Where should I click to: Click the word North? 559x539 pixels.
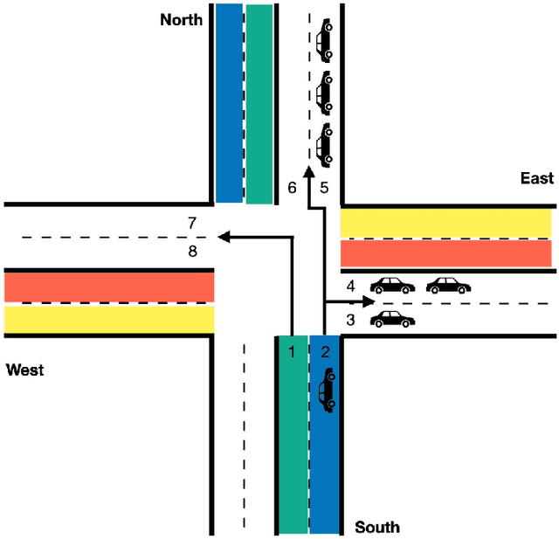181,18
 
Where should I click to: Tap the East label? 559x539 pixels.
536,178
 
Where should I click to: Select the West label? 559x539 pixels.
24,370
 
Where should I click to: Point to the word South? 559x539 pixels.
377,527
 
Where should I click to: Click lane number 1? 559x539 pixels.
293,351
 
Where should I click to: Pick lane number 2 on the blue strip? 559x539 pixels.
325,351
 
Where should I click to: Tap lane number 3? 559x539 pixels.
349,320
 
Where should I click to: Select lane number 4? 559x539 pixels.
349,286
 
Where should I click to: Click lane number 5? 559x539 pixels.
323,187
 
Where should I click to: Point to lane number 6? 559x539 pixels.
293,187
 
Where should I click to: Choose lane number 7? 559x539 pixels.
192,223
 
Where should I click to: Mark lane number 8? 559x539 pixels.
192,252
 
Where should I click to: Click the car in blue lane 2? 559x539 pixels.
326,390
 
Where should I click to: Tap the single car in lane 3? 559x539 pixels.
392,319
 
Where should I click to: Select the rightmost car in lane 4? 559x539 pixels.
447,285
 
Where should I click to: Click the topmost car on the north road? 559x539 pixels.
324,40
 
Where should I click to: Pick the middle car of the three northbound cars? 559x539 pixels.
324,92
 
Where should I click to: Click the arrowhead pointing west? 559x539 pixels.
223,236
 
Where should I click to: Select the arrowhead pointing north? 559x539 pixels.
307,173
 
